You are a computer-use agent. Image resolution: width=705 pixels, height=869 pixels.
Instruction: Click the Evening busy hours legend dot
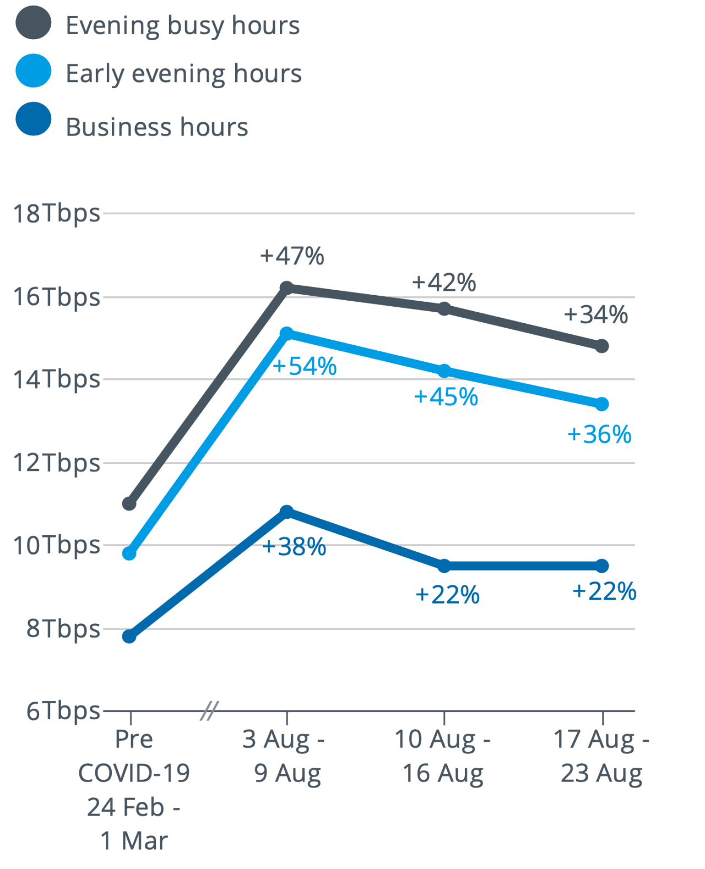tap(34, 23)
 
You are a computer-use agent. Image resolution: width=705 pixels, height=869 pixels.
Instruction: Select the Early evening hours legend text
tap(183, 74)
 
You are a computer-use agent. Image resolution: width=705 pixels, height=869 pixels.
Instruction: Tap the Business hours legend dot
tap(34, 119)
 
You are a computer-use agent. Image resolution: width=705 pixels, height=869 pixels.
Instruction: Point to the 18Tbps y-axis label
tap(57, 214)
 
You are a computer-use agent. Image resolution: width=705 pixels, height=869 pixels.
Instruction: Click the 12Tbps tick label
tap(57, 463)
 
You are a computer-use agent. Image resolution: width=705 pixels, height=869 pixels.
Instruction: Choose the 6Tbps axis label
tap(63, 711)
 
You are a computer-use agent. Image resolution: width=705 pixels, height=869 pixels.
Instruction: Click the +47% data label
tap(292, 256)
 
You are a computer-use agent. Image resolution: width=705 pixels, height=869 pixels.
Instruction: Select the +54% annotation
tap(305, 367)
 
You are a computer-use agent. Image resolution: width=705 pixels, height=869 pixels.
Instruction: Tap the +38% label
tap(294, 547)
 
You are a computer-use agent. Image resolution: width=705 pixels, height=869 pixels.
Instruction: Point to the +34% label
tap(596, 315)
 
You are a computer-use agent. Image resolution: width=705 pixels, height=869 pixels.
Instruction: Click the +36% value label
tap(599, 434)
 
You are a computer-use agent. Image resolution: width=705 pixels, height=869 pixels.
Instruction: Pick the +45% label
tap(446, 397)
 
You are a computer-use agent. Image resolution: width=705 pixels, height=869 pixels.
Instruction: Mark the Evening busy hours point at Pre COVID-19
tap(129, 503)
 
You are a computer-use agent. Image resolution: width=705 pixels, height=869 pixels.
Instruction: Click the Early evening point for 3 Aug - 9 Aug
tap(286, 333)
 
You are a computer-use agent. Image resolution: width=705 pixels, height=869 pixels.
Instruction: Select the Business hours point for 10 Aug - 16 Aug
tap(444, 566)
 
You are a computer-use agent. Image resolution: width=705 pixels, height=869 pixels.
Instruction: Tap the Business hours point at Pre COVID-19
tap(129, 637)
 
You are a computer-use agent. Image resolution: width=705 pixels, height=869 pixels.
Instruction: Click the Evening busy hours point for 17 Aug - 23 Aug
tap(602, 346)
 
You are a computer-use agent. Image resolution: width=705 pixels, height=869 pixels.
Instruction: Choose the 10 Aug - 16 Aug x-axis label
tap(443, 756)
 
